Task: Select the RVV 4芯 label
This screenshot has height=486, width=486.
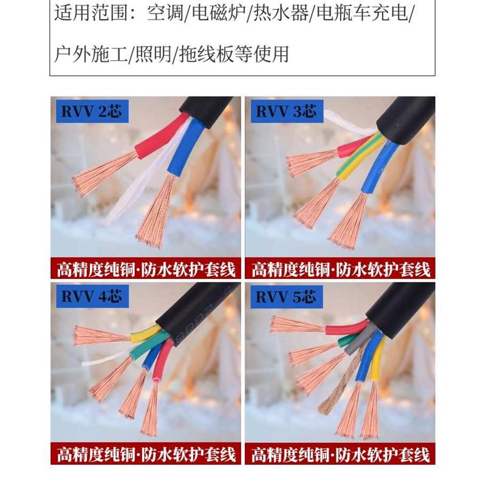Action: [x=91, y=296]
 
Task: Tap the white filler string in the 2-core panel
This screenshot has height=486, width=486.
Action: [x=137, y=182]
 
